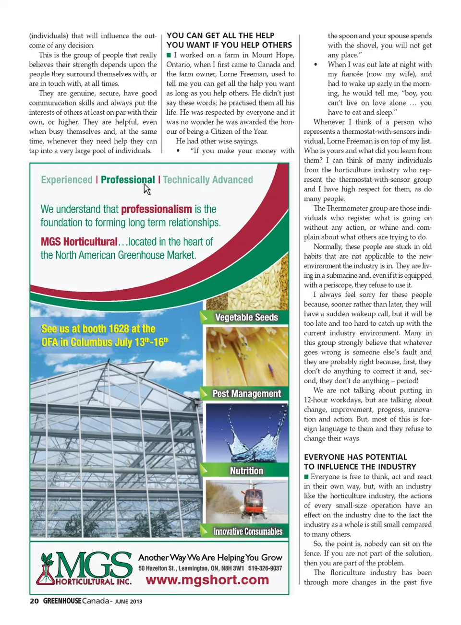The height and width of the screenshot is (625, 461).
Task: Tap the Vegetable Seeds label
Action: [246, 318]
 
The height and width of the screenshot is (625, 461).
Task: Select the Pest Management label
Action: [246, 394]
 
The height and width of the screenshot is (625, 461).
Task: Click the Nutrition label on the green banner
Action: [246, 471]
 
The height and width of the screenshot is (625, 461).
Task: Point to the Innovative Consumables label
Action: [248, 531]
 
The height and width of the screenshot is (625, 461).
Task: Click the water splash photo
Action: [247, 434]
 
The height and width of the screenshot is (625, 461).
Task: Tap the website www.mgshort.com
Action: [207, 580]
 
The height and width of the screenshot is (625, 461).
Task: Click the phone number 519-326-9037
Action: [265, 568]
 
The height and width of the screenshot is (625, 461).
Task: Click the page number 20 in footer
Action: [34, 601]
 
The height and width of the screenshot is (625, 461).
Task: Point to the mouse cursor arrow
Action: [147, 189]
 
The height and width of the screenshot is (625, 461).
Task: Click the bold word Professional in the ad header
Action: [128, 180]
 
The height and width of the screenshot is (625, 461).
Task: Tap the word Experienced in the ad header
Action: [67, 180]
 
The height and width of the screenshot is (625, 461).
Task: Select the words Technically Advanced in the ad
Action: [208, 180]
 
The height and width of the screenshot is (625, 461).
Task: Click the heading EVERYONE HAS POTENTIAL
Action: [355, 457]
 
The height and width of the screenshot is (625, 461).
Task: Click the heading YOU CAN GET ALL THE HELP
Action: [220, 35]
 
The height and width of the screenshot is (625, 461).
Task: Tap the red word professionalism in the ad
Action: [156, 209]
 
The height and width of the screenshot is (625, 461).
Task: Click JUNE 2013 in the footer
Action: [128, 601]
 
